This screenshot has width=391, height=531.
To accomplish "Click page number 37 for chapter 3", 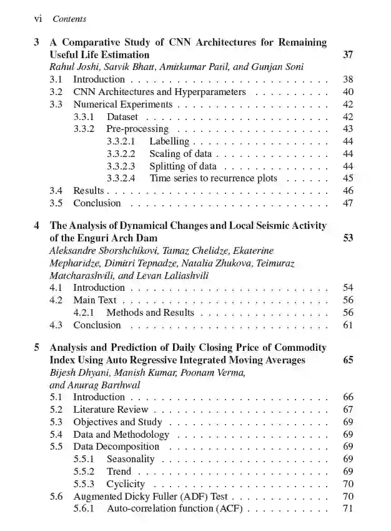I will pos(348,55).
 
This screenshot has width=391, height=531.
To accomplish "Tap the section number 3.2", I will pos(56,92).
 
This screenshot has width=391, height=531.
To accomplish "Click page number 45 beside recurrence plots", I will pos(348,178).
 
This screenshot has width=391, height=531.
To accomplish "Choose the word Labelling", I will pos(169,141).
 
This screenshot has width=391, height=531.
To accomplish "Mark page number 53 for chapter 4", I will pos(348,238).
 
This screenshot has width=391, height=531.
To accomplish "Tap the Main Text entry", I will pos(95,300).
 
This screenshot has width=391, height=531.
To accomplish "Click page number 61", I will pos(348,325).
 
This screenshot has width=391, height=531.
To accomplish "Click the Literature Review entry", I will pos(111,410).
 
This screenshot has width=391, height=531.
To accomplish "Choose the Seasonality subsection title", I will pos(131,459).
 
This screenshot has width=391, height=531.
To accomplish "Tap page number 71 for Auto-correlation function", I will pos(348,508).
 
